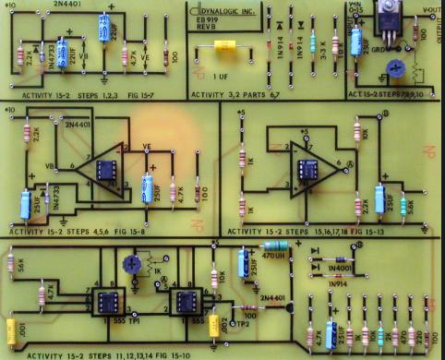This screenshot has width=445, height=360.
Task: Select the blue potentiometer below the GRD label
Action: pyautogui.click(x=397, y=66)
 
